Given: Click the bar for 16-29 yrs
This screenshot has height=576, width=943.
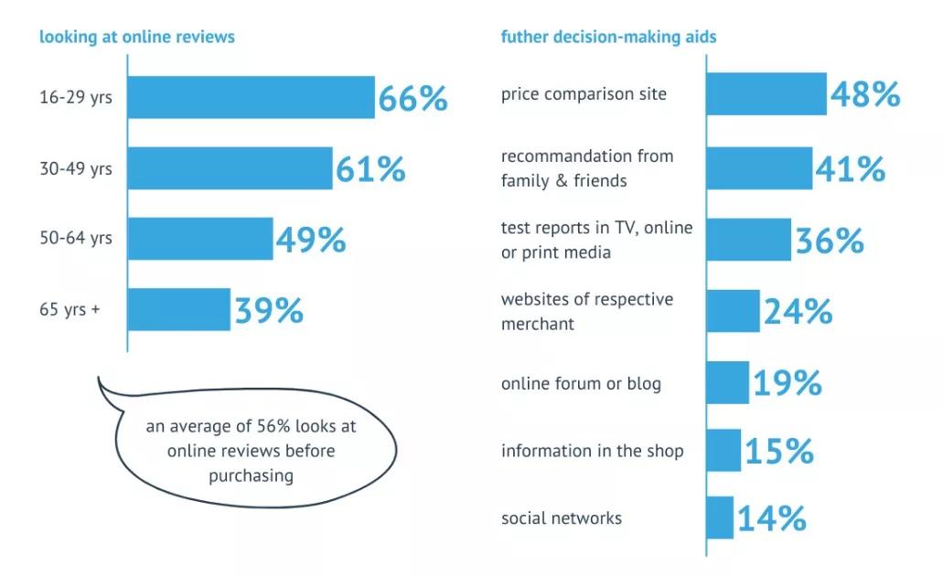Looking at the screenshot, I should click(251, 98).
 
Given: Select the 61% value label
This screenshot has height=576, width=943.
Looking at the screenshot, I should click(370, 169).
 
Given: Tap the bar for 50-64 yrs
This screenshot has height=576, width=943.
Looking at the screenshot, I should click(200, 239).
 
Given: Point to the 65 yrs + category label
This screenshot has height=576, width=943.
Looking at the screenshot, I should click(70, 309).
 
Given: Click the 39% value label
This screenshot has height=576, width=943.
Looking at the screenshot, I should click(269, 311).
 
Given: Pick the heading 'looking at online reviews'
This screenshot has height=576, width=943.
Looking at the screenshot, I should click(136, 37).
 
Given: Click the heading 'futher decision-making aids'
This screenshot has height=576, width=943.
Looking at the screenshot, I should click(608, 37).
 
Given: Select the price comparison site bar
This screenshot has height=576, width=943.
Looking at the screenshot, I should click(766, 94).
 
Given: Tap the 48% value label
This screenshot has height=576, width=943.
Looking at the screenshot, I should click(864, 94).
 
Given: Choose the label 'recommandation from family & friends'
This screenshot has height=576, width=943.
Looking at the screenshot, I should click(586, 168).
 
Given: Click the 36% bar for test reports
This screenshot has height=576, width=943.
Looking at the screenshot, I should click(749, 240).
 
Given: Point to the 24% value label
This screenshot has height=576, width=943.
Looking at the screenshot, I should click(798, 312).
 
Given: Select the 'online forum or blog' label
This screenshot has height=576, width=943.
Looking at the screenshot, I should click(580, 383).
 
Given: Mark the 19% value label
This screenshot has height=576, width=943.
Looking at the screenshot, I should click(787, 383).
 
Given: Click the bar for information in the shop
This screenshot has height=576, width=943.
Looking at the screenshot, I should click(723, 450).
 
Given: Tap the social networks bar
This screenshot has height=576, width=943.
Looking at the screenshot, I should click(720, 517).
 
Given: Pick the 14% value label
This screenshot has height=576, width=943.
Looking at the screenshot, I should click(772, 518).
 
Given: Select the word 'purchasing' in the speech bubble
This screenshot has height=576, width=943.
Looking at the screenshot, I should click(251, 475).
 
